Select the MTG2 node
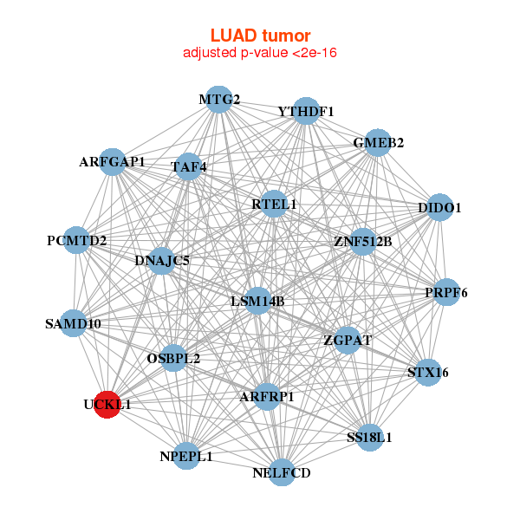(x=219, y=99)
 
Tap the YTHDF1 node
(x=306, y=112)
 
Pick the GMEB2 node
(x=378, y=143)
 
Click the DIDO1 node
(x=439, y=208)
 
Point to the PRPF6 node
(x=446, y=293)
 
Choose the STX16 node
(x=427, y=373)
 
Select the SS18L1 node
(x=369, y=437)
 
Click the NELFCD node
(x=282, y=472)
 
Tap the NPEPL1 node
(x=186, y=455)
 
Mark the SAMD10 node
(x=74, y=324)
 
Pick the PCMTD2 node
(x=77, y=240)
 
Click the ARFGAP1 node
(x=113, y=162)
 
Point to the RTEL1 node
(x=274, y=205)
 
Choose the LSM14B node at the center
(x=257, y=301)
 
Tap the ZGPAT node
(x=348, y=340)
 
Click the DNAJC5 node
(x=162, y=259)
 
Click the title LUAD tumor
(x=260, y=36)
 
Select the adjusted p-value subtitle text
(x=260, y=53)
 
